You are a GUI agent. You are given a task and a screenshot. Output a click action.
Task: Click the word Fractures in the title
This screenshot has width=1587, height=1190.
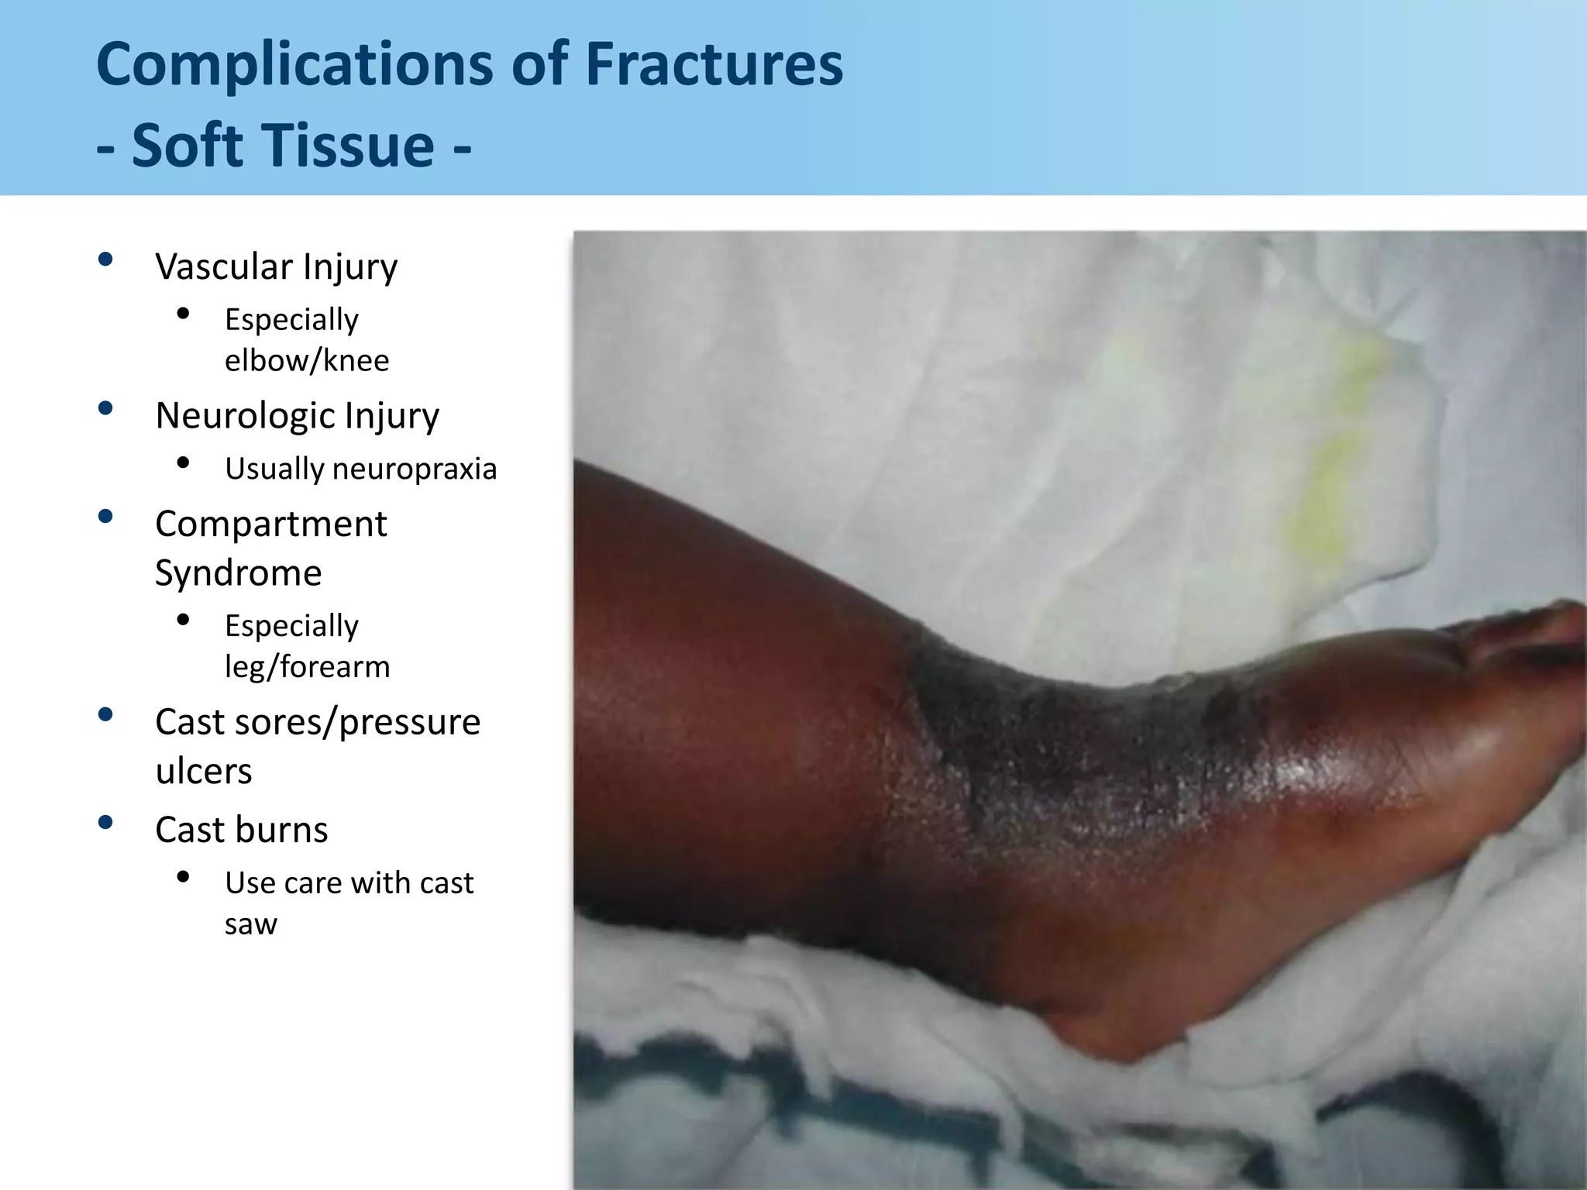713,64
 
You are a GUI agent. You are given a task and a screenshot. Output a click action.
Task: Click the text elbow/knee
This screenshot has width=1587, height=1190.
307,360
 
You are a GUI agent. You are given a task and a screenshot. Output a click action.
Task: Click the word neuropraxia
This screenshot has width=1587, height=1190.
415,469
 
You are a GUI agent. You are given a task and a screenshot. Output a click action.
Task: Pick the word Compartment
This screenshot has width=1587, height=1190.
270,524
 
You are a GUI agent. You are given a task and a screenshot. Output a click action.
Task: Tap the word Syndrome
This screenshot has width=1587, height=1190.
238,573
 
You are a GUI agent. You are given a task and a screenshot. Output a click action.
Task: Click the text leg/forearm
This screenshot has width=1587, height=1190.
307,666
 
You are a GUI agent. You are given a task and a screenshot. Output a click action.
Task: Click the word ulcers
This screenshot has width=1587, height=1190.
203,771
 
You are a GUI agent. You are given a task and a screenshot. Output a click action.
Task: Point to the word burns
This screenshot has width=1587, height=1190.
286,830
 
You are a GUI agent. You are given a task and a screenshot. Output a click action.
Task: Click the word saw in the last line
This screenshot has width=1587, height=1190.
250,924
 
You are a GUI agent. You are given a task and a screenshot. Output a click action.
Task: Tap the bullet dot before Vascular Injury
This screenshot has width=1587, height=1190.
106,260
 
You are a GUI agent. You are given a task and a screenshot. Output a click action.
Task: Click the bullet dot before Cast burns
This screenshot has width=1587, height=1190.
106,822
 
